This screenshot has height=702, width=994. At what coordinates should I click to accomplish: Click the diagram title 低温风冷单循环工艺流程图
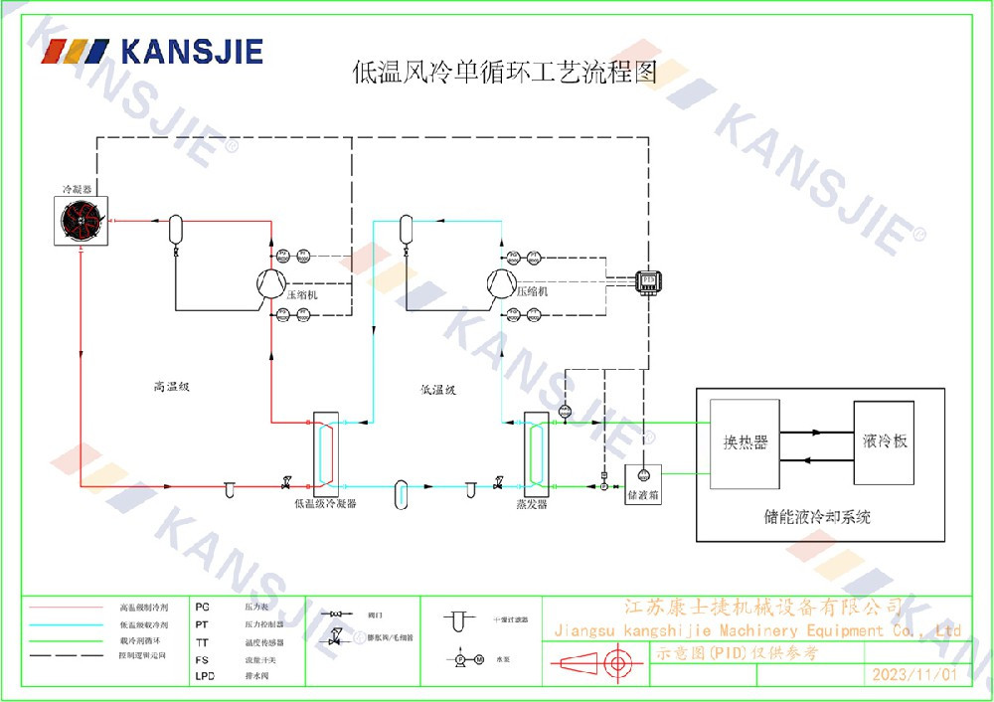tap(505, 72)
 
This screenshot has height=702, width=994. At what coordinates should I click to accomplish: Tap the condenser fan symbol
tap(81, 221)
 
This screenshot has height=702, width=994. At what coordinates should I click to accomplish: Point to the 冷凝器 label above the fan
tap(77, 188)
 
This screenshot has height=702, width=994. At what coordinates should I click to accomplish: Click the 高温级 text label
tap(171, 387)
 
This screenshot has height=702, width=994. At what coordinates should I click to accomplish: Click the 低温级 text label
tap(437, 390)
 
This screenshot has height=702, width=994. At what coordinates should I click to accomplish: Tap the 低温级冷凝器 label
tap(325, 504)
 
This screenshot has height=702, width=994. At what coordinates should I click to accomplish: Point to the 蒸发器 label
tap(531, 504)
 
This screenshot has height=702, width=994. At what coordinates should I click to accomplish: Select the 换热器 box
tap(745, 442)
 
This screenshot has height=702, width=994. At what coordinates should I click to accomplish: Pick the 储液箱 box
tap(642, 481)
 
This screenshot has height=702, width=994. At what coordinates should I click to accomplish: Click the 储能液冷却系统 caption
tap(817, 517)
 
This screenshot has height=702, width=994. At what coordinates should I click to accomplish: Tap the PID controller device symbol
tap(649, 280)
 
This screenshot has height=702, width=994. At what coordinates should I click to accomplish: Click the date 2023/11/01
tap(913, 674)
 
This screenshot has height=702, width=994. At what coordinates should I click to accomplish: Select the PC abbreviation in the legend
tap(203, 606)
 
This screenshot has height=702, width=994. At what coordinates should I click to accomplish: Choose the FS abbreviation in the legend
tap(202, 659)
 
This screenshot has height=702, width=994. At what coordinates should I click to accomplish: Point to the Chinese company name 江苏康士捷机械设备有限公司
tap(762, 607)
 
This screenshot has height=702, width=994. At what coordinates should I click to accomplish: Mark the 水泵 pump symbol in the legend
tap(469, 659)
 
